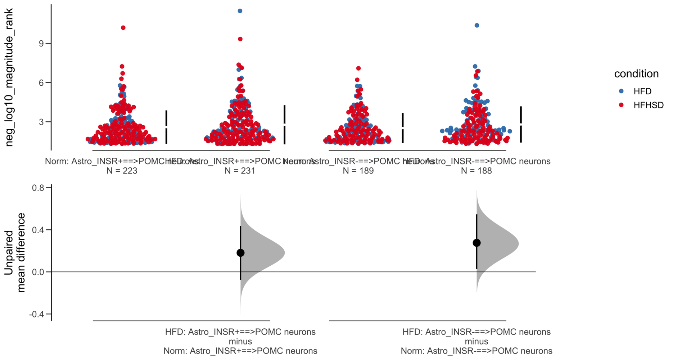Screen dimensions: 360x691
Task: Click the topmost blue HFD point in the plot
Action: tap(240, 11)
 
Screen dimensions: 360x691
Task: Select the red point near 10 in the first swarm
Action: tap(123, 28)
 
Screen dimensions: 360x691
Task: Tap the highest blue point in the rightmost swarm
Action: tap(477, 26)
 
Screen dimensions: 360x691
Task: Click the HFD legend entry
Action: tap(642, 91)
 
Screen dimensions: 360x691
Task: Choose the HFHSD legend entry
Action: tap(648, 105)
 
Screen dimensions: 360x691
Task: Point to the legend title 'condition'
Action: tap(636, 74)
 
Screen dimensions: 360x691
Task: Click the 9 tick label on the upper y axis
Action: tap(41, 44)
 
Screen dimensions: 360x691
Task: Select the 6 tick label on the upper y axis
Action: tap(41, 83)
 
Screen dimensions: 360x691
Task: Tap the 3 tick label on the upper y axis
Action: tap(41, 122)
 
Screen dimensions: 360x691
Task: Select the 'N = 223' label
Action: tap(122, 171)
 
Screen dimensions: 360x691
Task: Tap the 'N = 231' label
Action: tap(240, 171)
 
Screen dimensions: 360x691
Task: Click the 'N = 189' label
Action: tap(358, 171)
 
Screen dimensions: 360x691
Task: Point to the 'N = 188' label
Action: tap(477, 171)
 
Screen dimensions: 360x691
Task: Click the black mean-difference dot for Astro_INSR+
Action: tap(240, 253)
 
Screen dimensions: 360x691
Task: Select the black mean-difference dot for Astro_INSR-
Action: tap(477, 243)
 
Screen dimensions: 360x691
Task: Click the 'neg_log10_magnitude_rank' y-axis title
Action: tap(9, 77)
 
